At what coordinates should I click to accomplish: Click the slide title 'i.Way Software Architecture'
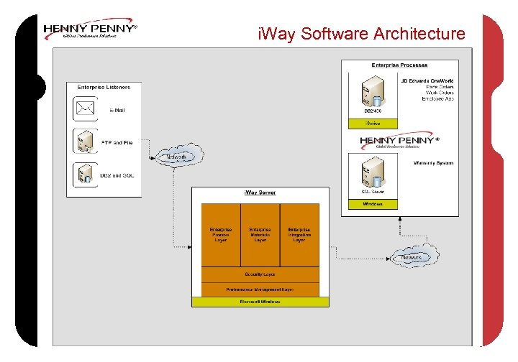coord(361,34)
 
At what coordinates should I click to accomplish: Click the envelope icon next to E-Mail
coord(86,110)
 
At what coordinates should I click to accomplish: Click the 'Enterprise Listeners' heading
coord(104,88)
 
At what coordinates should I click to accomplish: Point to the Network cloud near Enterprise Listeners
coord(178,156)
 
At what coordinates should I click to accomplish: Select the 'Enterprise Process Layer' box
coord(220,235)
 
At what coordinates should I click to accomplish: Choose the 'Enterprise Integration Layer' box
coord(299,235)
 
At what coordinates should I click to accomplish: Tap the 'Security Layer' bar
coord(260,274)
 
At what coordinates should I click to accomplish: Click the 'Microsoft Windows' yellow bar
coord(260,302)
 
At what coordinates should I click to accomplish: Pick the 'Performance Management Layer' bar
coord(260,289)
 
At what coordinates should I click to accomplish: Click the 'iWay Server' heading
coord(260,192)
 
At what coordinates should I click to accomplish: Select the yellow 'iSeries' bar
coord(373,124)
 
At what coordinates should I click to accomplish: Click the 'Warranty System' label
coord(433,163)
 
